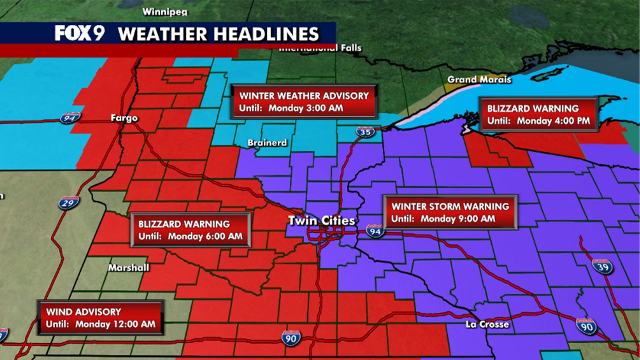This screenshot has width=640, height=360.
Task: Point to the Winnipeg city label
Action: (x=162, y=11)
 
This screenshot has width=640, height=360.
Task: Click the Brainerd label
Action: (x=267, y=142)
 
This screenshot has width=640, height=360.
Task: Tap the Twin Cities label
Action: (x=321, y=220)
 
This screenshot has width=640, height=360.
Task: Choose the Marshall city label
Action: (x=128, y=267)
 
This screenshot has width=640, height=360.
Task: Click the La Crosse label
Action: (x=487, y=324)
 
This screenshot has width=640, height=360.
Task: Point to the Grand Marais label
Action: (x=479, y=79)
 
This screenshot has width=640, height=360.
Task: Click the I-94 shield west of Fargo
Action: (x=69, y=118)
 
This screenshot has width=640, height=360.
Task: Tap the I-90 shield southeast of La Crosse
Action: (x=586, y=325)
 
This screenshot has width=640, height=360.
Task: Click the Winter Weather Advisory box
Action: (x=304, y=101)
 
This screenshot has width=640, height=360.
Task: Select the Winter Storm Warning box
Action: (x=450, y=212)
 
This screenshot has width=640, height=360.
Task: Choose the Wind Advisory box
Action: (x=100, y=317)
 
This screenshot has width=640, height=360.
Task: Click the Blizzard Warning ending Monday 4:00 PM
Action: (x=539, y=114)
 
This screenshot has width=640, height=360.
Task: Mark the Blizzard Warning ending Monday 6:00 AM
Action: (x=190, y=230)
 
